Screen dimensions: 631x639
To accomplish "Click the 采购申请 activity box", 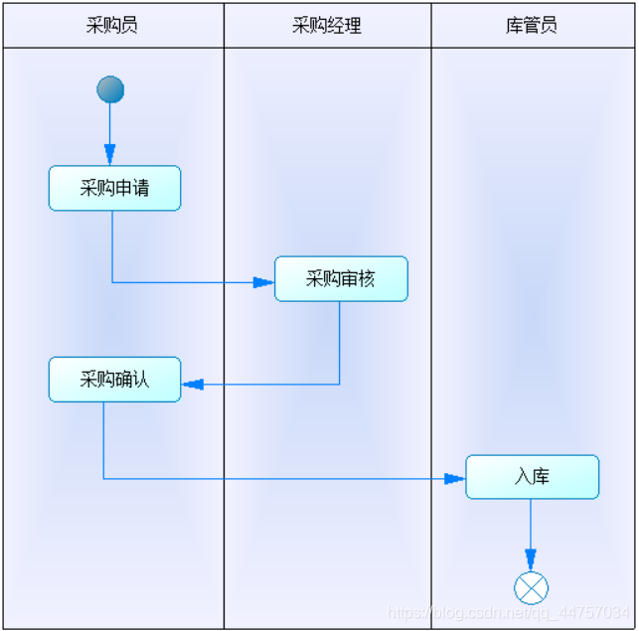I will click(x=114, y=188).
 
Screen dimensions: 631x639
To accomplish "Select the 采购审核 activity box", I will click(x=341, y=279).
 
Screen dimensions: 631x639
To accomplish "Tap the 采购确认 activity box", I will click(x=114, y=379).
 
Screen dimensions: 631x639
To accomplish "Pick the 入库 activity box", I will click(x=532, y=477).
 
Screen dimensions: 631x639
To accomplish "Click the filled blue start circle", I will click(x=110, y=89).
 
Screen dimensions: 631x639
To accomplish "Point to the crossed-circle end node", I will click(x=531, y=588).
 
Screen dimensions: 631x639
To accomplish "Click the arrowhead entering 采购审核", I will click(x=263, y=282).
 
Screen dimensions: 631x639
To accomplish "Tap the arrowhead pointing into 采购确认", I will click(x=192, y=385).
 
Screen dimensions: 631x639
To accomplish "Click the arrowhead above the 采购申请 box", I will click(x=110, y=154).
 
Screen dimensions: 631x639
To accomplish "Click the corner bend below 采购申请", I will click(x=111, y=282).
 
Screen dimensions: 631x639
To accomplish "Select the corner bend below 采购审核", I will click(x=340, y=385).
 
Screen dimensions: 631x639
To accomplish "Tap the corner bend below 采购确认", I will click(x=103, y=479).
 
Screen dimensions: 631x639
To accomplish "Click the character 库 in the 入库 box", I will click(x=541, y=477).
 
